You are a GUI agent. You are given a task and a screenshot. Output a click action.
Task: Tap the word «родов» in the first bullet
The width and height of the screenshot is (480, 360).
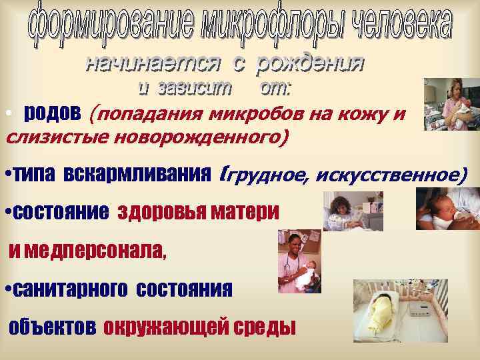(53, 113)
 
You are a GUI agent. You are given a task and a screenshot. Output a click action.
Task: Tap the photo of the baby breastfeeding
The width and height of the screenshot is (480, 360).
(447, 209)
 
